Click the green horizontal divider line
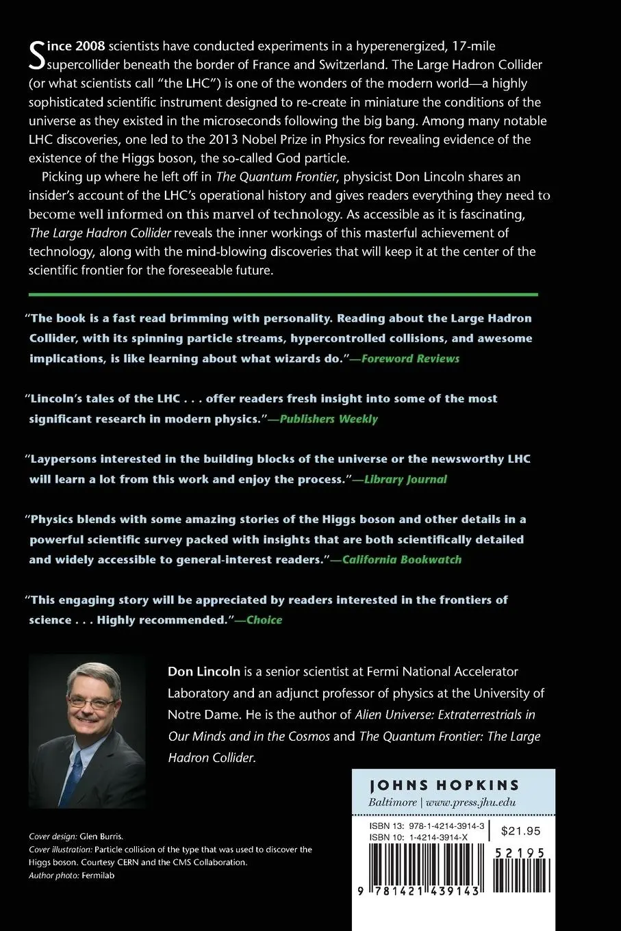283,294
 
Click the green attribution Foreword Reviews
410,358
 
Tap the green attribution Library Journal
405,479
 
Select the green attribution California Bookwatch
402,559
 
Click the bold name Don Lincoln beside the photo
204,672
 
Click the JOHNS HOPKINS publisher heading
444,785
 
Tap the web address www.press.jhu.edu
470,802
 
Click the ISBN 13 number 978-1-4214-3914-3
442,826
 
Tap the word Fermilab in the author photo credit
98,875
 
